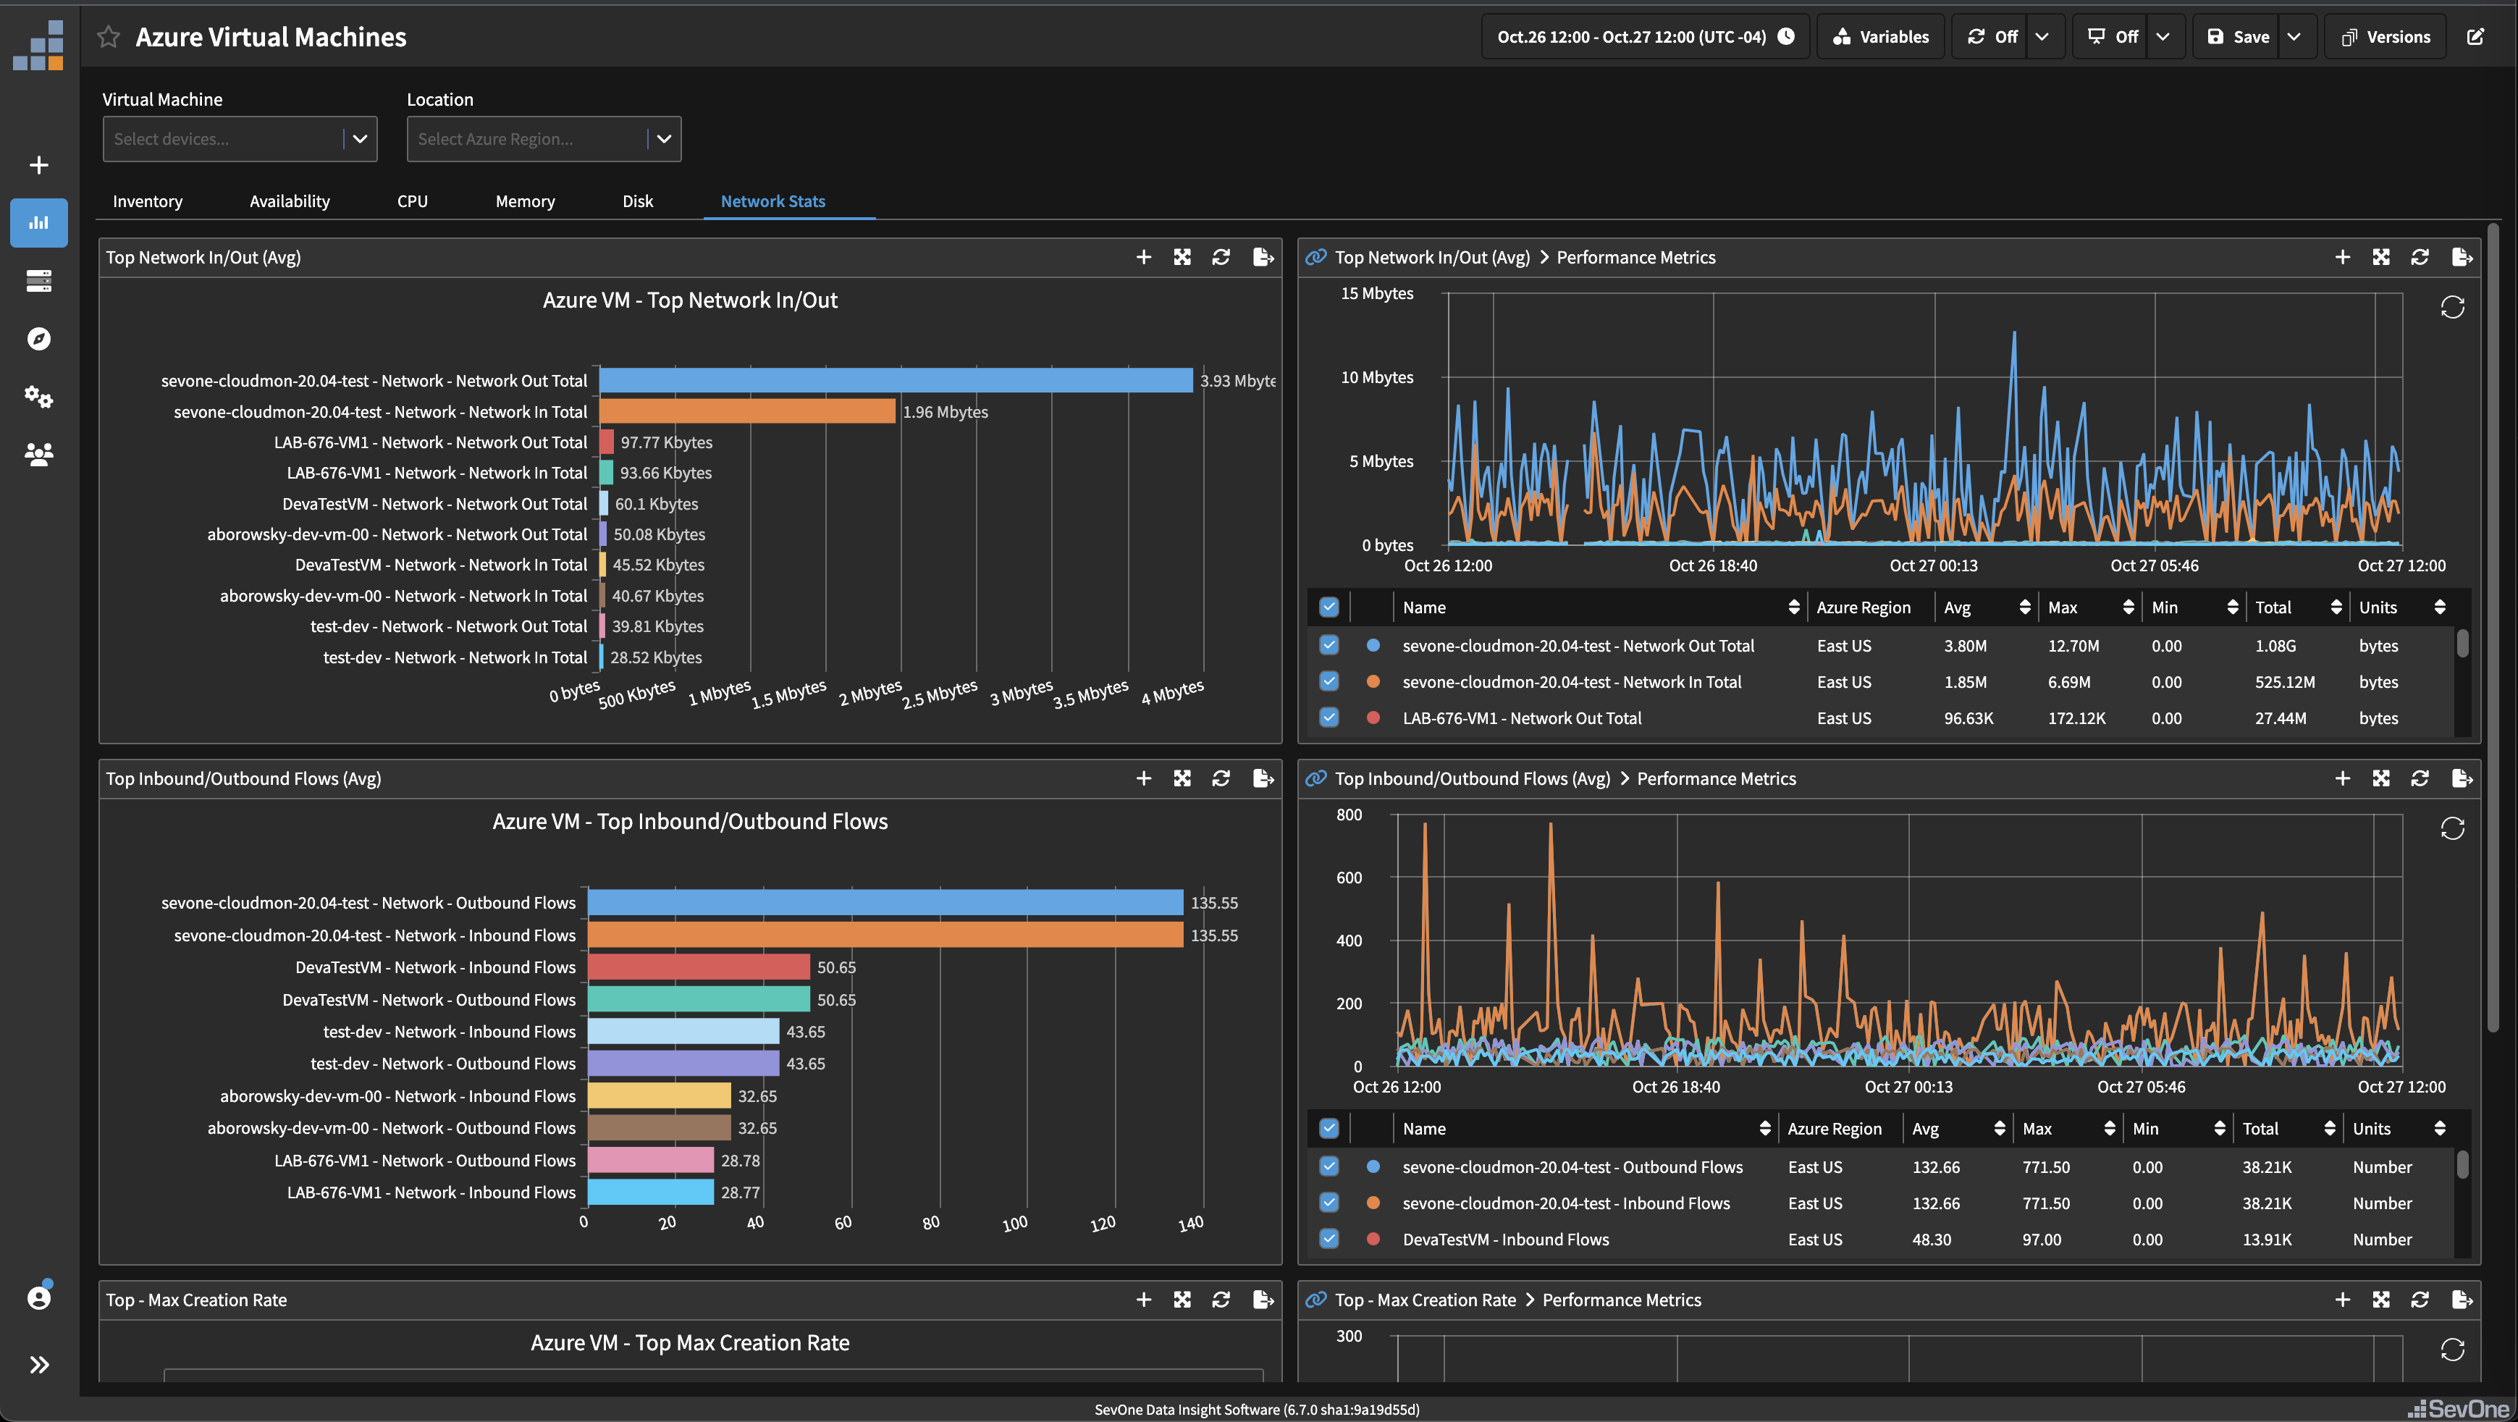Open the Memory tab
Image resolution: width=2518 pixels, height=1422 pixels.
tap(525, 201)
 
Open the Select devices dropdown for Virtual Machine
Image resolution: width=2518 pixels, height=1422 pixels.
tap(240, 139)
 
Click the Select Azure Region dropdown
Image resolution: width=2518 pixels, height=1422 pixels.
tap(544, 139)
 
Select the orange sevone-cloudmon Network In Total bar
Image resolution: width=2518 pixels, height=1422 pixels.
tap(747, 411)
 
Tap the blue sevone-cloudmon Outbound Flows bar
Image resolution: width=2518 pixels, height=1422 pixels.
tap(885, 903)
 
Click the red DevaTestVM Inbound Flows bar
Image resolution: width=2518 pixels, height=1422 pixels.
tap(698, 967)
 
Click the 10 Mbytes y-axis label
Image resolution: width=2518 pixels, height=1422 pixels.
tap(1376, 377)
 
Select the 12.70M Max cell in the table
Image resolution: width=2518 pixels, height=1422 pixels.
tap(2073, 646)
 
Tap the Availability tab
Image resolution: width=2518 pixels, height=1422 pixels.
tap(290, 201)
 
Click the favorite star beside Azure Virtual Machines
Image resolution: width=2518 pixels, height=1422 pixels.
tap(109, 37)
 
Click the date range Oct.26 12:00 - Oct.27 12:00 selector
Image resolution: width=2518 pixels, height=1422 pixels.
tap(1645, 37)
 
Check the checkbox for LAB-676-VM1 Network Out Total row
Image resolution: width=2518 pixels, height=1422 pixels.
tap(1329, 718)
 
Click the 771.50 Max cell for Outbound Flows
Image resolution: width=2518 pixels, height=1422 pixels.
tap(2046, 1167)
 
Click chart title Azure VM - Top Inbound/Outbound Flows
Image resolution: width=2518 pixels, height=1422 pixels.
tap(689, 822)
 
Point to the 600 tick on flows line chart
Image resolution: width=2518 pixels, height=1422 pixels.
tap(1348, 878)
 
